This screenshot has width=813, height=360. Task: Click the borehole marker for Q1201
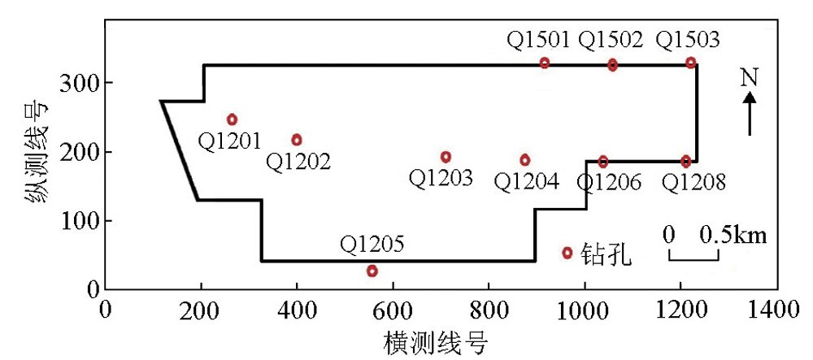(x=232, y=119)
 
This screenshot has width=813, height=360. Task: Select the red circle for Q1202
(x=297, y=140)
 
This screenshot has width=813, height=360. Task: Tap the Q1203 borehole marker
(x=446, y=156)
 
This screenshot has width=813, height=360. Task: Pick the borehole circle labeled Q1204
(x=525, y=160)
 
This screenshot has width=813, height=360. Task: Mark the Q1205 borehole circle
(x=372, y=271)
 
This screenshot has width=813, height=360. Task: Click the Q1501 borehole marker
(x=545, y=63)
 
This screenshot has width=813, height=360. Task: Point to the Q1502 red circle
(x=613, y=65)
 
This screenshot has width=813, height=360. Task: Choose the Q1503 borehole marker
(x=690, y=62)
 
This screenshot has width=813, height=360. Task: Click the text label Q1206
(x=609, y=182)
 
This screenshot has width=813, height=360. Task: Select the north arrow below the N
(x=750, y=114)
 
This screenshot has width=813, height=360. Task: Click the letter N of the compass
(x=750, y=78)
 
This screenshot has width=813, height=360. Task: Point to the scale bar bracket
(x=693, y=255)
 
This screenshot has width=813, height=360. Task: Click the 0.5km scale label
(x=733, y=235)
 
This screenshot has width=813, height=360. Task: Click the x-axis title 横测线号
(x=436, y=343)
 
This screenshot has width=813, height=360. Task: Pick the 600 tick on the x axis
(x=393, y=310)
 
